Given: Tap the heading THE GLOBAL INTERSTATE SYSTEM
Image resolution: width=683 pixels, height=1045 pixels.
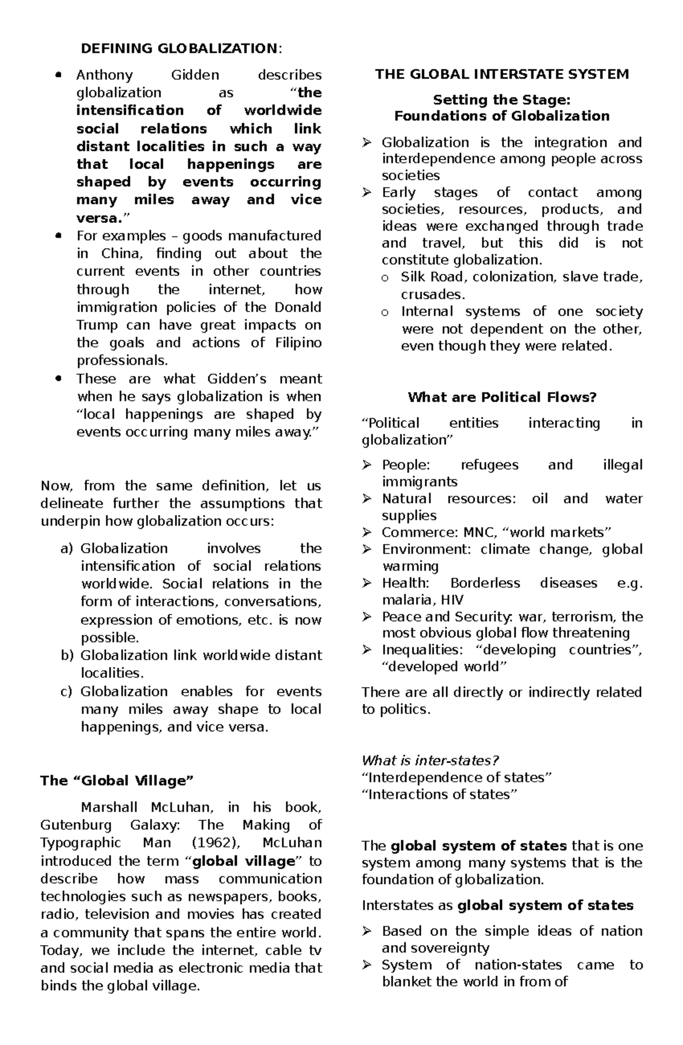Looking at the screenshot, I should [x=501, y=75].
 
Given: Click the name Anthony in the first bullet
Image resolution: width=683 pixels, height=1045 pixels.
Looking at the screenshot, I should [x=104, y=75].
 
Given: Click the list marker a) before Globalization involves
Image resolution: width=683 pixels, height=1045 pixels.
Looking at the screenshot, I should [x=67, y=549].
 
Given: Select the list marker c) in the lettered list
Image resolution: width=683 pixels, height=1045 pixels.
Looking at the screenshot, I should [x=67, y=692].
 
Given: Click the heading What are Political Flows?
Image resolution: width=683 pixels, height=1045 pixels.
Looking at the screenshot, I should [x=501, y=397].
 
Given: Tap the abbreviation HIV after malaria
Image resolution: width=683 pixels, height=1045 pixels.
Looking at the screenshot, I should [x=452, y=600].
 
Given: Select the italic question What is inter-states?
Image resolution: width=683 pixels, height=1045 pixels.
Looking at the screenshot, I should [x=430, y=761].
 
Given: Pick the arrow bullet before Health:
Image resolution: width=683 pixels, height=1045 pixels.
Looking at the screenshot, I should [x=367, y=583].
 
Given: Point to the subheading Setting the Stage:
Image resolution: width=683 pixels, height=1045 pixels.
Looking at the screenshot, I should [x=501, y=100].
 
